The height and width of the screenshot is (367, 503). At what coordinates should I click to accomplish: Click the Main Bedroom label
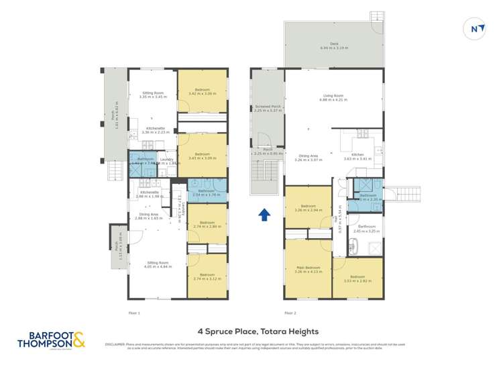pos(309,270)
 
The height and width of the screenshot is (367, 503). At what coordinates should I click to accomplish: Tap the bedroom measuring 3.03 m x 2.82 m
pos(357,278)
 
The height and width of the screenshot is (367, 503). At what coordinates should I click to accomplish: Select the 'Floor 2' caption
pos(290,313)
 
